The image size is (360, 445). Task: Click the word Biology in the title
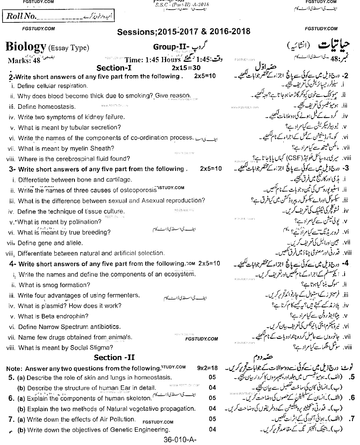[26, 47]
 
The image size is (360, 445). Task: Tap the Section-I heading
[114, 68]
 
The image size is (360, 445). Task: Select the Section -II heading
[114, 357]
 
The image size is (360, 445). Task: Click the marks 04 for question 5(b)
[213, 387]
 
